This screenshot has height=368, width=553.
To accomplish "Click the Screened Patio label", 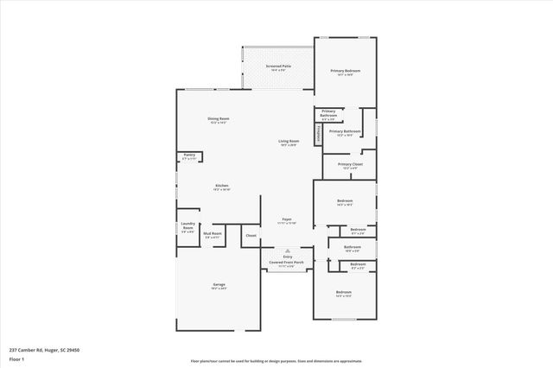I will point(280,67).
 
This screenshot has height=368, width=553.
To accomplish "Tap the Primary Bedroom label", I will point(345,72).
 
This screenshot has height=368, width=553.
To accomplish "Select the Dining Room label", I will point(218,120).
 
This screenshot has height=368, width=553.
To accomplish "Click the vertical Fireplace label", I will point(320,134).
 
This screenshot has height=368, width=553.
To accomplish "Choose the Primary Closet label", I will point(350,165).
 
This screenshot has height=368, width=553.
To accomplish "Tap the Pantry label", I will point(189,156).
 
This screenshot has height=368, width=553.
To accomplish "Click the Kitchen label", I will point(222,187).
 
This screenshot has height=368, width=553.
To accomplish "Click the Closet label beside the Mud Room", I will point(251,235).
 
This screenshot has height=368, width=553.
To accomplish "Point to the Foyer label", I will point(286,220).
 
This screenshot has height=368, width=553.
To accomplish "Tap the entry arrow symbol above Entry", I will point(288,251).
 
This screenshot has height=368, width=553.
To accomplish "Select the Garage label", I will point(219,285).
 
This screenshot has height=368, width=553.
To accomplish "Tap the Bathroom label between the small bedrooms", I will point(353,248).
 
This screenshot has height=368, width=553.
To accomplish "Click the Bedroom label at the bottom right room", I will point(344,293).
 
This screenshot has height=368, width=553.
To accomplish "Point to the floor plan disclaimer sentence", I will point(276,361).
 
